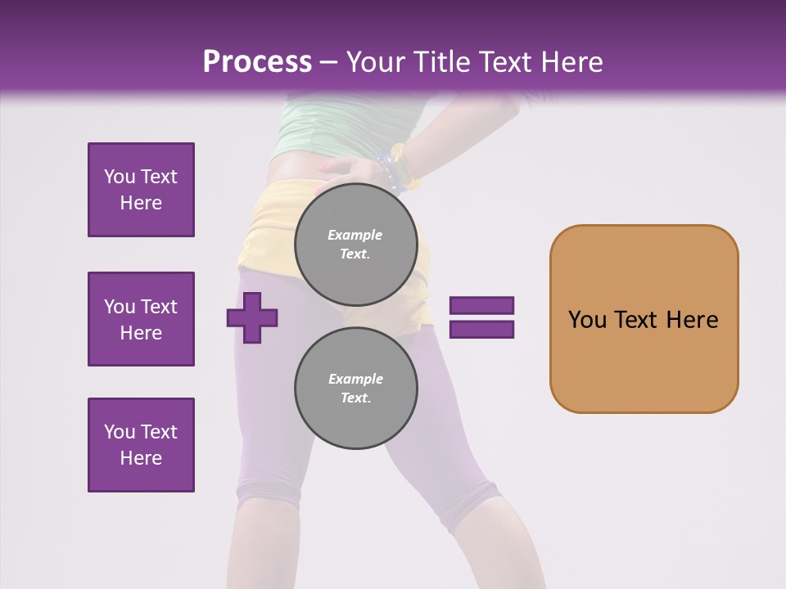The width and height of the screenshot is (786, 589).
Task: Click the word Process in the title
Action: tap(257, 61)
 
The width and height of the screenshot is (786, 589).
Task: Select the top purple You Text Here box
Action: tap(141, 190)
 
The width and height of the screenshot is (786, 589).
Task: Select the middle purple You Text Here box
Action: tap(141, 319)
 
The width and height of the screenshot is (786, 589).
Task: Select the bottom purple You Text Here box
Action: tap(141, 444)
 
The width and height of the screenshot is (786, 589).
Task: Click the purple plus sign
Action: tap(252, 317)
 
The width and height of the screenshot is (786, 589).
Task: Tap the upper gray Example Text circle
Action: tap(355, 244)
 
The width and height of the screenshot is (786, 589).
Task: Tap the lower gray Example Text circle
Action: tap(355, 388)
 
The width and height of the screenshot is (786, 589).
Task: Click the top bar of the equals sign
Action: tap(481, 306)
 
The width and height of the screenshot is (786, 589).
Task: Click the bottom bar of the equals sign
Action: tap(481, 330)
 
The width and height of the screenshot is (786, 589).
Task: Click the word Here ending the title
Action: tap(572, 61)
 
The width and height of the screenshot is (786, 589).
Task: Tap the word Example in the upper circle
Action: tap(355, 235)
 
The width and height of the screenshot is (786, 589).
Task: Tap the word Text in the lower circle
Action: tap(355, 398)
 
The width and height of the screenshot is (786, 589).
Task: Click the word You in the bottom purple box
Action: tap(119, 432)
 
